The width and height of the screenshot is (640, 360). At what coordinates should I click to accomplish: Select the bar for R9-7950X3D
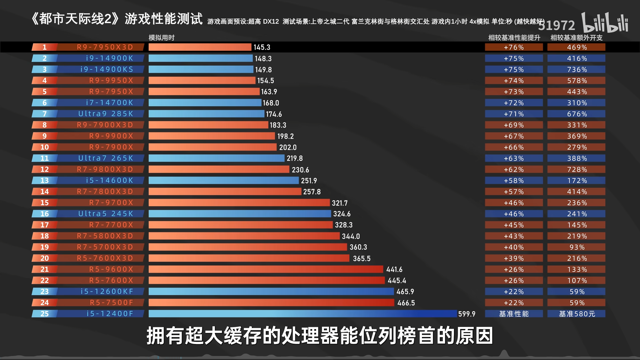(200, 47)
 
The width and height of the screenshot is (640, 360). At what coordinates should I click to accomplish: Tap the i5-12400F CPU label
(110, 314)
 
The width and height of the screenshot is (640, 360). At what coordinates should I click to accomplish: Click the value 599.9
(467, 314)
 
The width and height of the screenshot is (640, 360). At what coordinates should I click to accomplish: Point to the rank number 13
(45, 181)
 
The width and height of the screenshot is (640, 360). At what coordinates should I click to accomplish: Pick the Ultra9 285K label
(106, 114)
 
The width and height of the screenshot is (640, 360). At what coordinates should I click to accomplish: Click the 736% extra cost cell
(577, 70)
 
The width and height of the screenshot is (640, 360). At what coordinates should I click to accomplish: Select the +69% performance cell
(514, 125)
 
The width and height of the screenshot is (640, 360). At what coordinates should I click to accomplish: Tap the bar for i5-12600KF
(271, 292)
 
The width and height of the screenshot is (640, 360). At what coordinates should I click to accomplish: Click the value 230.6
(300, 170)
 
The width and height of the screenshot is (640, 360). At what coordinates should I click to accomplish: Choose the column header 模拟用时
(161, 38)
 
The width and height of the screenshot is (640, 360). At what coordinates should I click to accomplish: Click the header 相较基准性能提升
(514, 38)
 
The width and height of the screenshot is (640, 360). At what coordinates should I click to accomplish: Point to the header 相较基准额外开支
(576, 38)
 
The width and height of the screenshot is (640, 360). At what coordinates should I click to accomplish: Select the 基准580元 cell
(577, 314)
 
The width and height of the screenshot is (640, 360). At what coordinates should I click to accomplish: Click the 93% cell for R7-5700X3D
(577, 247)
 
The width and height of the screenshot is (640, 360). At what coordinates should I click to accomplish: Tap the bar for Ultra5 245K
(240, 214)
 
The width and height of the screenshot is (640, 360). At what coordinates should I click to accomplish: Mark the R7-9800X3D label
(105, 169)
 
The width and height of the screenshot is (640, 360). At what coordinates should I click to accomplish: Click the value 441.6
(394, 269)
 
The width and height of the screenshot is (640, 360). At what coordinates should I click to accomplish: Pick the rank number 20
(45, 258)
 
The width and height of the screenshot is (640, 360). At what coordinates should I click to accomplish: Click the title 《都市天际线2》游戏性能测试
(117, 19)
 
